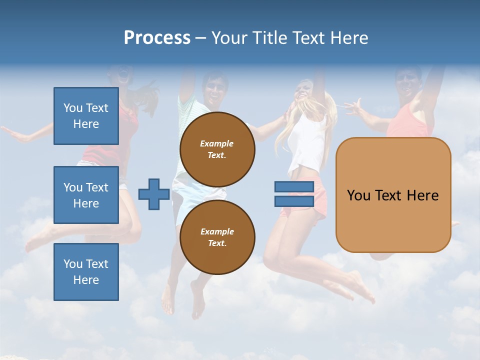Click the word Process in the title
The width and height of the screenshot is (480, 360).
tap(157, 38)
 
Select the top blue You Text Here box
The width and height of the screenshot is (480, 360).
tap(86, 116)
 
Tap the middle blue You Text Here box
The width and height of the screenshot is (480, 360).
tap(86, 195)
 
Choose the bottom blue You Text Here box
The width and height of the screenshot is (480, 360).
tap(86, 272)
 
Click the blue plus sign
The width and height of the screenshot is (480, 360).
tap(154, 194)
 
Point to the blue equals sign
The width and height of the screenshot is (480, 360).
tap(294, 194)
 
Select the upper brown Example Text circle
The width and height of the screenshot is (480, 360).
tap(217, 149)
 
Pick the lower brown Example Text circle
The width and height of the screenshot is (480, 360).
tap(217, 237)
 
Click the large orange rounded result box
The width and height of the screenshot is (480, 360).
tap(393, 195)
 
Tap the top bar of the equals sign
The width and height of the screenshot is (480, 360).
tap(294, 187)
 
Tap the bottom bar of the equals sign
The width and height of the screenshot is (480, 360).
tap(294, 201)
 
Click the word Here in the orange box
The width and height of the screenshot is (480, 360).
tap(422, 195)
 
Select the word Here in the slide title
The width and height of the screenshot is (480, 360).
tap(349, 38)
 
